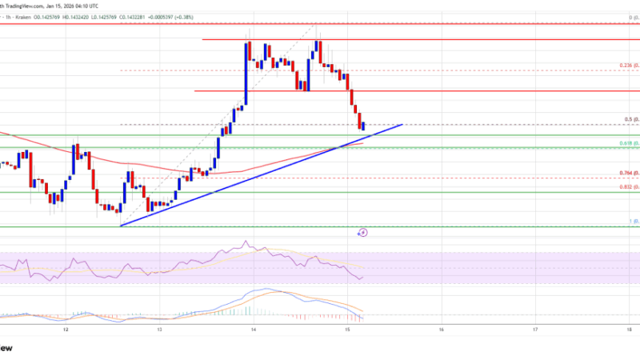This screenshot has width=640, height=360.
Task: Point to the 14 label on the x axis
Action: (x=254, y=329)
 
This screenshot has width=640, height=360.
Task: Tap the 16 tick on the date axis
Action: (x=442, y=329)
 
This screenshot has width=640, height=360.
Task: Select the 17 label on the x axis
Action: (x=535, y=329)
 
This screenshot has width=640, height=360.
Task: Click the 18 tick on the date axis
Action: (x=630, y=329)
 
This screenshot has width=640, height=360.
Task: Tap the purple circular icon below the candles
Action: (x=362, y=232)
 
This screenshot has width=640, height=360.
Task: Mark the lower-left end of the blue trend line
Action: (x=121, y=225)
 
